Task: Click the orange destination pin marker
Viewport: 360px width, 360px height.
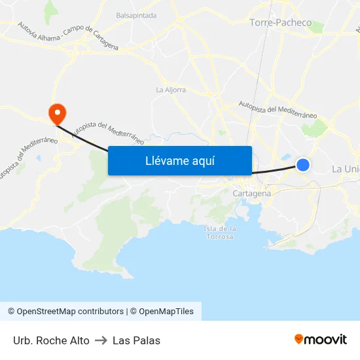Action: tap(57, 113)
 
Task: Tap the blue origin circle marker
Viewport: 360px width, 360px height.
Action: tap(303, 165)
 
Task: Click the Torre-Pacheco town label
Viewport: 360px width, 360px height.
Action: tap(280, 22)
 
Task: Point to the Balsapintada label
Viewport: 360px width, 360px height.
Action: tap(136, 15)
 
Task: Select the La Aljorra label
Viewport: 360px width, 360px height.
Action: tap(171, 90)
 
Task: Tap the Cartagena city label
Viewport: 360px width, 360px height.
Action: tap(252, 194)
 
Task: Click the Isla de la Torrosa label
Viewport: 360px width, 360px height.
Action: tap(219, 232)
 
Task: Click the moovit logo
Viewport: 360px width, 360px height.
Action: tap(321, 339)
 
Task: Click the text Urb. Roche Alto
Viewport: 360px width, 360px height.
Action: tap(51, 340)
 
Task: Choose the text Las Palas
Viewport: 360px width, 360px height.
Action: tap(136, 340)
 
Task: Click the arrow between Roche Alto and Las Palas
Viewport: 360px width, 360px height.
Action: tap(101, 340)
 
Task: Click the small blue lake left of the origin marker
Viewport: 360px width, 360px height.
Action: tap(287, 157)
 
